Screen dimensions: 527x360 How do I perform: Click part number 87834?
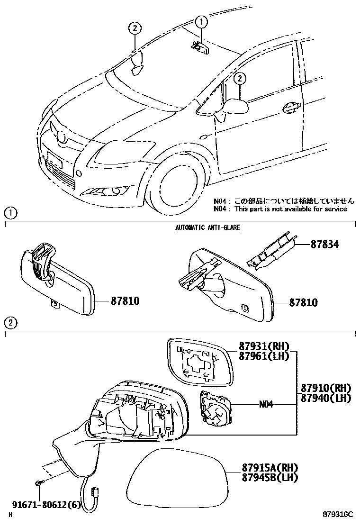(325, 245)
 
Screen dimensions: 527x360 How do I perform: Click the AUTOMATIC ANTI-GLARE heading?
(207, 228)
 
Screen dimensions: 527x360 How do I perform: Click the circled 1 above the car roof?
(201, 21)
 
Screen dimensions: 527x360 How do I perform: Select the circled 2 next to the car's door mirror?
(240, 78)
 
